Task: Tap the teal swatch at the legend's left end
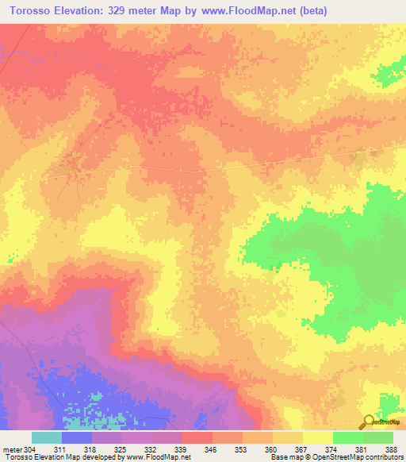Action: click(x=47, y=437)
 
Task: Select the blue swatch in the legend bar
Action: click(x=77, y=437)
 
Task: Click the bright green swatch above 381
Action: click(x=348, y=437)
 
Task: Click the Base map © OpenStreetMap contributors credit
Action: click(x=337, y=458)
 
